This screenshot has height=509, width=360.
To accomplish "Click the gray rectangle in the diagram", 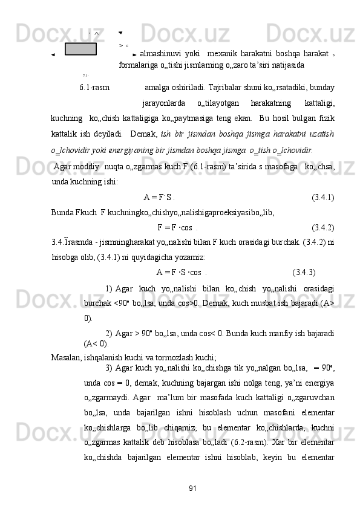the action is pyautogui.click(x=80, y=48).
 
